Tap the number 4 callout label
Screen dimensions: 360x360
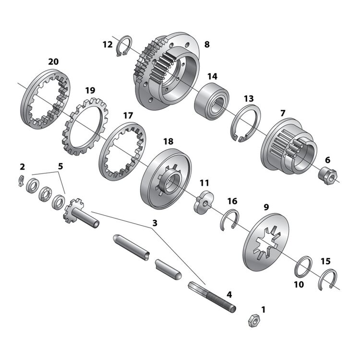229,294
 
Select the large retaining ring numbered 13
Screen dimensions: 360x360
244,124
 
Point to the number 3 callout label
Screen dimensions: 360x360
155,223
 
